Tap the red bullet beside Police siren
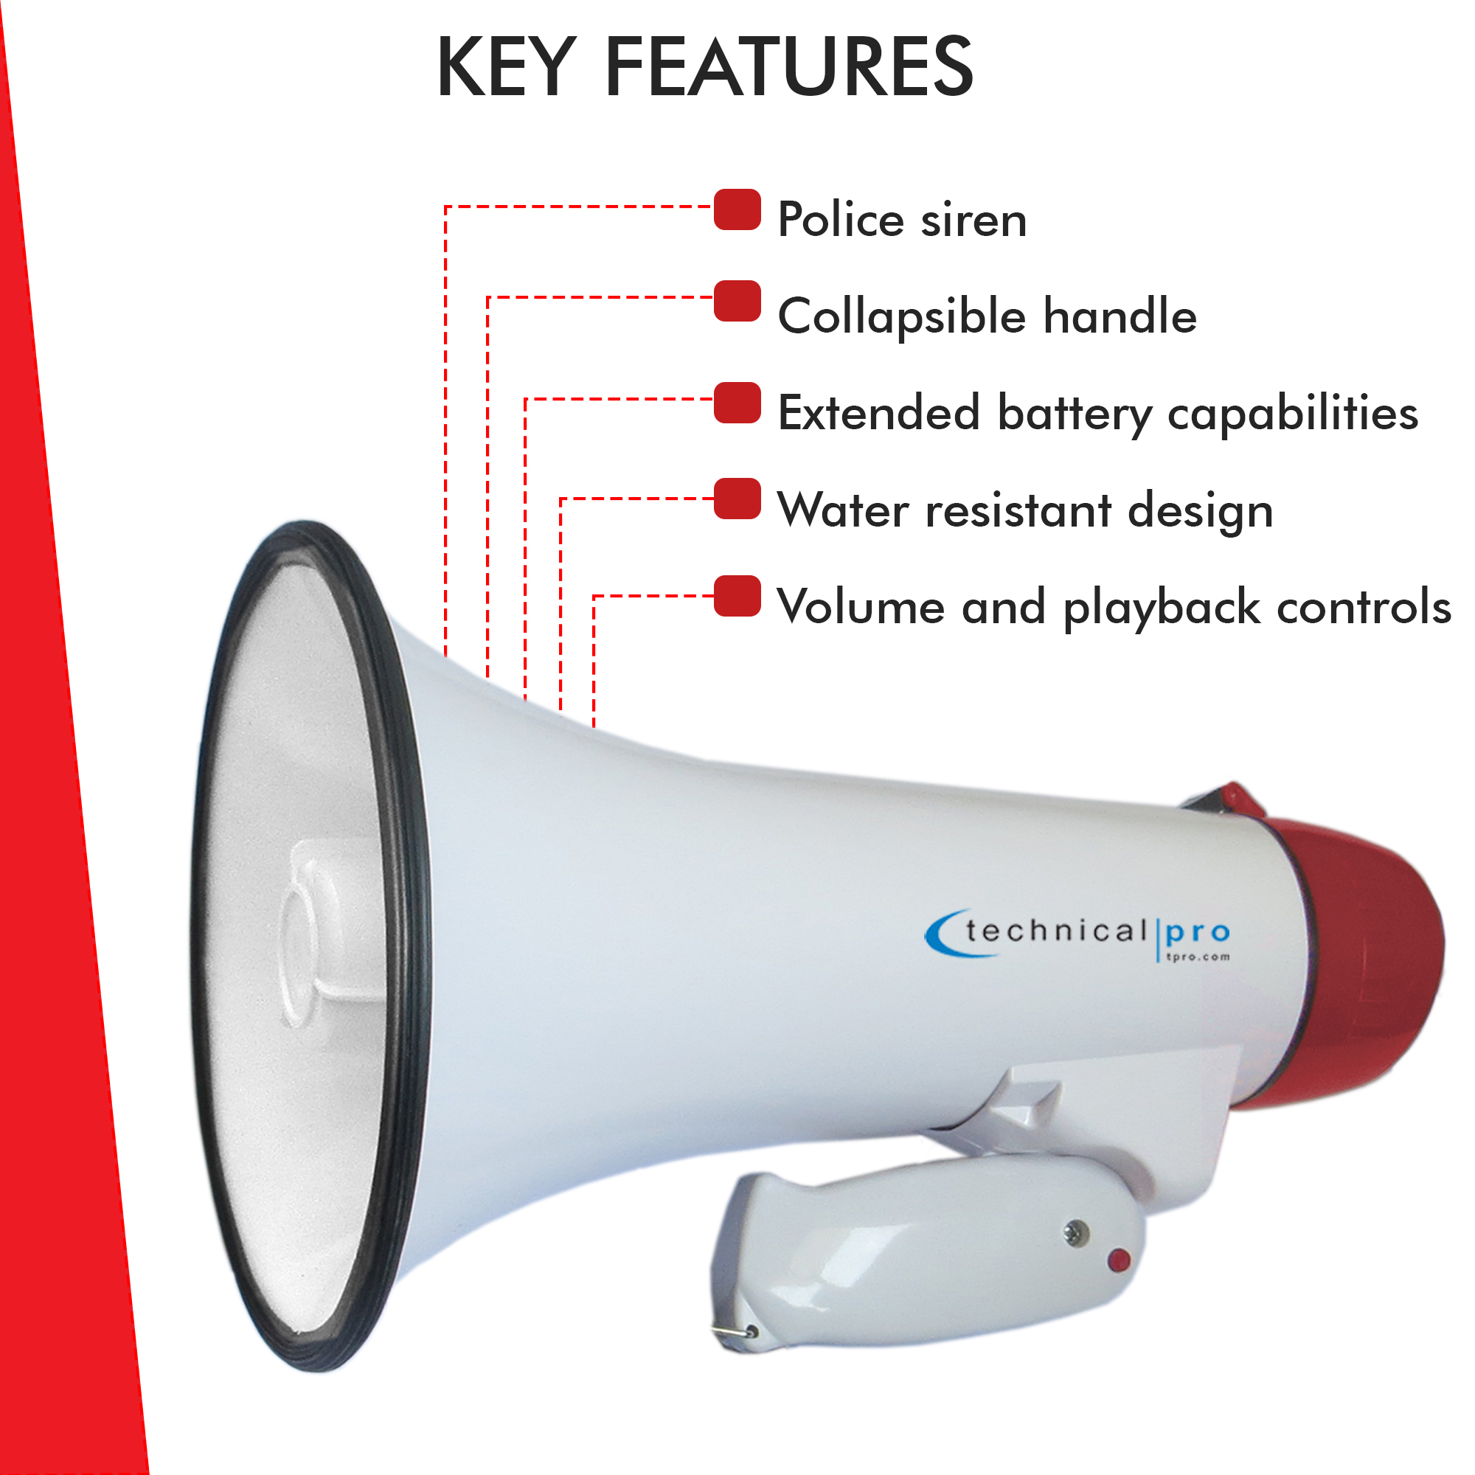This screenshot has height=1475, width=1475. click(737, 209)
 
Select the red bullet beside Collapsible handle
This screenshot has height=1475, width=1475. click(737, 301)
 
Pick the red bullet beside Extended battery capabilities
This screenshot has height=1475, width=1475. click(737, 403)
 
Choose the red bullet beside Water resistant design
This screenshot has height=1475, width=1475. click(737, 499)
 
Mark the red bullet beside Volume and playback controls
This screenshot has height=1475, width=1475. click(737, 595)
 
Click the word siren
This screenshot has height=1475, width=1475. click(974, 220)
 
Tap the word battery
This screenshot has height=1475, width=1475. click(1075, 414)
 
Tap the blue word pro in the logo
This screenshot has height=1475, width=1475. click(1198, 933)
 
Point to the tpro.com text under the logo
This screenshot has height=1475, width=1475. click(1198, 956)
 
